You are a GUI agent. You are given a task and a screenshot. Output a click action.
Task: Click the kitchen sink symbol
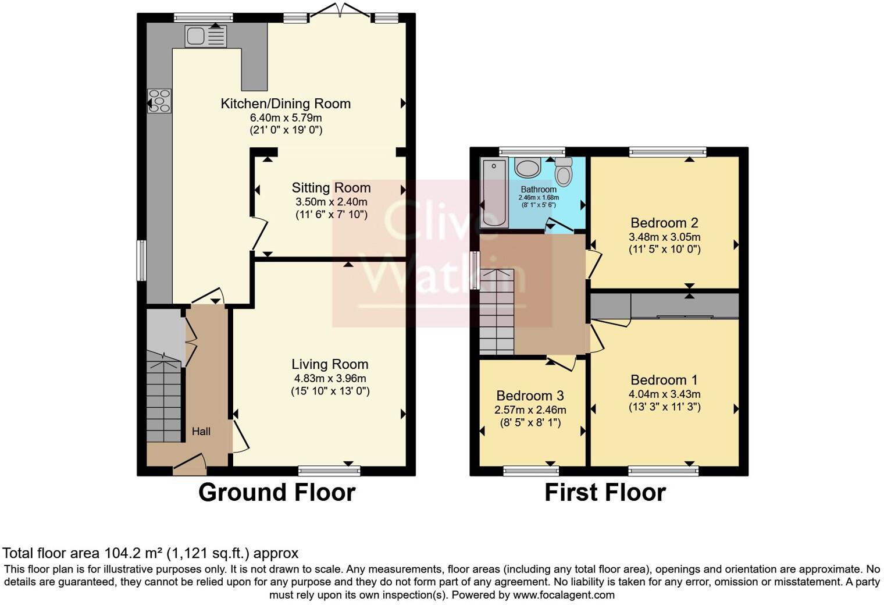[x=205, y=37]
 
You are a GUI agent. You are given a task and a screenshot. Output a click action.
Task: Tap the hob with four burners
[x=159, y=100]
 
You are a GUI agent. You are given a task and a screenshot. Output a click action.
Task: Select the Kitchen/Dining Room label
[x=286, y=104]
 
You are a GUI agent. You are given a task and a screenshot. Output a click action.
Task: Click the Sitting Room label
[x=331, y=188]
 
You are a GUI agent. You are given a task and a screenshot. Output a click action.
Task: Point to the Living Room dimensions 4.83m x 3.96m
[x=330, y=378]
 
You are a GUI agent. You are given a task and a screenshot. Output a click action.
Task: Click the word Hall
[x=201, y=431]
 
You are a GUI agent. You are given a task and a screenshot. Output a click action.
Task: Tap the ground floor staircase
[x=163, y=401]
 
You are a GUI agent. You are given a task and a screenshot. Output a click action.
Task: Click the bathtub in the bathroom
[x=494, y=193]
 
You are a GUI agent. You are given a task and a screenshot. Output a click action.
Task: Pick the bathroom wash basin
[x=528, y=168]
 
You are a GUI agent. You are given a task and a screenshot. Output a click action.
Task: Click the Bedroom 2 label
[x=664, y=223]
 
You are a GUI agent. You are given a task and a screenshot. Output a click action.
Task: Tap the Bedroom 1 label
[x=664, y=380]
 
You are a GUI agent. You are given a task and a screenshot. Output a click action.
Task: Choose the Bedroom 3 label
[x=530, y=396]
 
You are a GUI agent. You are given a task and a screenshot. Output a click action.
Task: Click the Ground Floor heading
[x=277, y=493]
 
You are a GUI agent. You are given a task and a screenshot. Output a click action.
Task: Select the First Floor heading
[x=605, y=493]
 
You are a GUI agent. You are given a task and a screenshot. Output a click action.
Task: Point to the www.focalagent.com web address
[x=564, y=595]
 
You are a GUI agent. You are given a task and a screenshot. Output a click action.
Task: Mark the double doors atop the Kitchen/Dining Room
[x=341, y=12]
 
